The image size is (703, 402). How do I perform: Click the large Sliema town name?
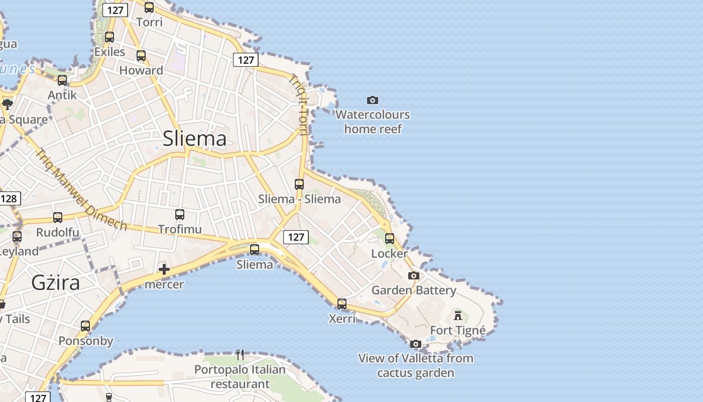pos(194,139)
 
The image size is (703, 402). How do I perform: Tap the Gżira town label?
pos(55,282)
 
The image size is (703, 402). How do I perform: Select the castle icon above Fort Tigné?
pos(457,316)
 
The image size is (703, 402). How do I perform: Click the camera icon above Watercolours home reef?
pos(372,100)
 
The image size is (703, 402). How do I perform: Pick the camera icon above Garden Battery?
pos(414,275)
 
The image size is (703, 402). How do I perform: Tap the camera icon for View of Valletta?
pos(415,344)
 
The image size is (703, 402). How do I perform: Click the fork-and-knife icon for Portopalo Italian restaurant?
pos(240,355)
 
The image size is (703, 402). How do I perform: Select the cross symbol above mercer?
pos(164,269)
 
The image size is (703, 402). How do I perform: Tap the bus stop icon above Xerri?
pos(342,304)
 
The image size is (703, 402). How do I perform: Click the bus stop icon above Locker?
pos(390,239)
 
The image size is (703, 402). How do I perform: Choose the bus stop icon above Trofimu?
pos(180,215)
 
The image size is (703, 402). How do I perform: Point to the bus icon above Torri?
pos(149,7)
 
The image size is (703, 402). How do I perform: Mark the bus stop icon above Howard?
pos(141,56)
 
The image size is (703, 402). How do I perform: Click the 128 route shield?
pos(9,198)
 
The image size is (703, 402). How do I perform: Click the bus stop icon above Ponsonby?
pos(85,326)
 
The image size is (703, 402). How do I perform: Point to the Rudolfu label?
pos(58,232)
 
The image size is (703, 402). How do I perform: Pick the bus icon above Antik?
pos(62,80)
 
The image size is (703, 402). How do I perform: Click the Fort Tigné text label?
pos(458,330)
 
